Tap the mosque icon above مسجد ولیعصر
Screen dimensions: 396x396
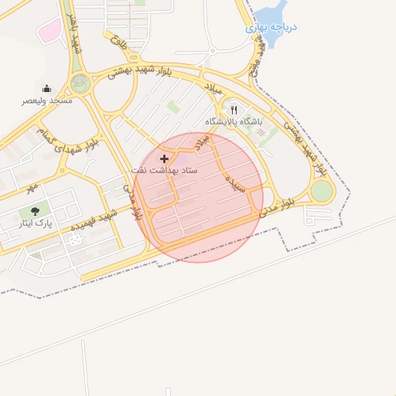[x=46, y=88]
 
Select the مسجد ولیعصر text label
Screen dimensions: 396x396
[x=47, y=101]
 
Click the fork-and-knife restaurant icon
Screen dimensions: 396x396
[x=234, y=111]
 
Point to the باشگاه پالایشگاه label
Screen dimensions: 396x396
[x=234, y=122]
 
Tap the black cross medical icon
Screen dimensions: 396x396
[x=164, y=158]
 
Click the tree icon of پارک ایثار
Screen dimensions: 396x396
[x=34, y=211]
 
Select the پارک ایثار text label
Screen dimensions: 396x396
[x=34, y=224]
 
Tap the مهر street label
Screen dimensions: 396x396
[x=30, y=188]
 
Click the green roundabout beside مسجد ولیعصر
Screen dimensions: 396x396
[x=80, y=83]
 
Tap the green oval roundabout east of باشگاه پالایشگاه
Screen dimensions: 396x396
[x=322, y=191]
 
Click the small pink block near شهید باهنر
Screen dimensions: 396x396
[x=49, y=32]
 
